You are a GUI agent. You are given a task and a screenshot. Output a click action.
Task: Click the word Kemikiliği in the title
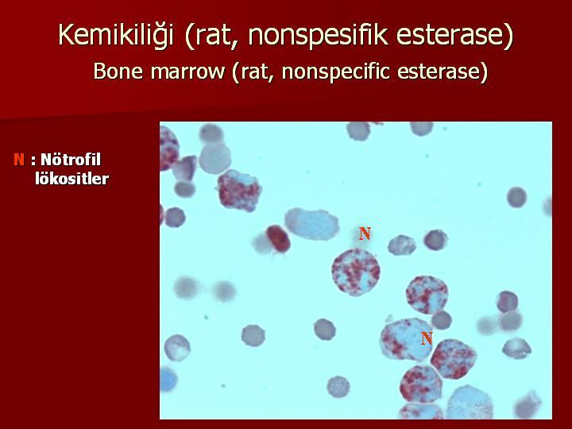116,35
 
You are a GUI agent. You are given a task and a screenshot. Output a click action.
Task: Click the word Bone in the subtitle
118,71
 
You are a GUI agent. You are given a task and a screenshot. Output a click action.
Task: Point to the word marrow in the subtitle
187,71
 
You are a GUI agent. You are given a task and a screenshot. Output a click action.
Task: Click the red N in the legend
19,160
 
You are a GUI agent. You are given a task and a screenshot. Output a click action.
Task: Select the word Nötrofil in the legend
71,160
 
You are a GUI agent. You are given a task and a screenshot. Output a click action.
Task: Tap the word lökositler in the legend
71,179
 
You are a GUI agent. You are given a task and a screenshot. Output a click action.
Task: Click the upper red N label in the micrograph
365,234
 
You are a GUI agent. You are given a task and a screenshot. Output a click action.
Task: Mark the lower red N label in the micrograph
427,338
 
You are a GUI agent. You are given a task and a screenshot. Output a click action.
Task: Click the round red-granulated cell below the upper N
356,272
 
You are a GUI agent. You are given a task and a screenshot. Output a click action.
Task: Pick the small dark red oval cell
278,239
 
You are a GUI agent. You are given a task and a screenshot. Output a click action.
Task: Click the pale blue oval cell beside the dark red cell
312,224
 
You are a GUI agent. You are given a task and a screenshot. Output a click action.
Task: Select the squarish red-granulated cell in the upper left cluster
240,191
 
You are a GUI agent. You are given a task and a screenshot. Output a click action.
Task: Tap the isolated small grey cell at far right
516,197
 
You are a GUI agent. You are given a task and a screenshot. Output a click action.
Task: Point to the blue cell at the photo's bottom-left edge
168,380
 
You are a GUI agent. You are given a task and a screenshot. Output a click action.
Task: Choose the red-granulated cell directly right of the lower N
454,359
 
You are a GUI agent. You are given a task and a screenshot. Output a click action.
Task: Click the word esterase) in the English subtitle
443,71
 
